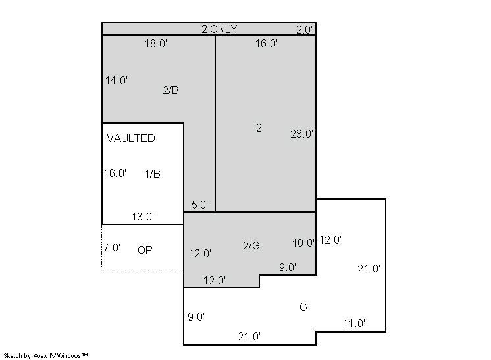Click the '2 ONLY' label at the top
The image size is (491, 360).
pos(219,29)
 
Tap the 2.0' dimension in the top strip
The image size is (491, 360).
pos(305,30)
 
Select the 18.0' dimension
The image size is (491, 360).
pos(155,43)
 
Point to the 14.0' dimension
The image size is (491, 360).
pos(116,80)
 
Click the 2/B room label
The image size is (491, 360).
pos(170,90)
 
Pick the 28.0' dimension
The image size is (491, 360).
pos(301,134)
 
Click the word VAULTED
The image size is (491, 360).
pos(131,138)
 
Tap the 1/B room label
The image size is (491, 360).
pos(153,174)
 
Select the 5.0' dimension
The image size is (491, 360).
pos(199,205)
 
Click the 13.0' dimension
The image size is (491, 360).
pos(142,217)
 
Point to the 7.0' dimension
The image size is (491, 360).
pos(112,247)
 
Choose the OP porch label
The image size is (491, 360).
pos(145,250)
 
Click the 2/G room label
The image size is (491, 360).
pos(251,245)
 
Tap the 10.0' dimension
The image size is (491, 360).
pos(303,243)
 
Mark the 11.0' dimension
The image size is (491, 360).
pos(354,323)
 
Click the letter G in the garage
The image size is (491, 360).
pos(303,307)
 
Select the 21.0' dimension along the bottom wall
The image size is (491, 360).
pos(249,336)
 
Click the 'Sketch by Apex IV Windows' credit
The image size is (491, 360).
pos(45,356)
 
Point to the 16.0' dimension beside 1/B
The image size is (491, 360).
pos(115,173)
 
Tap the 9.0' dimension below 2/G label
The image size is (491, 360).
pos(288,267)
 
